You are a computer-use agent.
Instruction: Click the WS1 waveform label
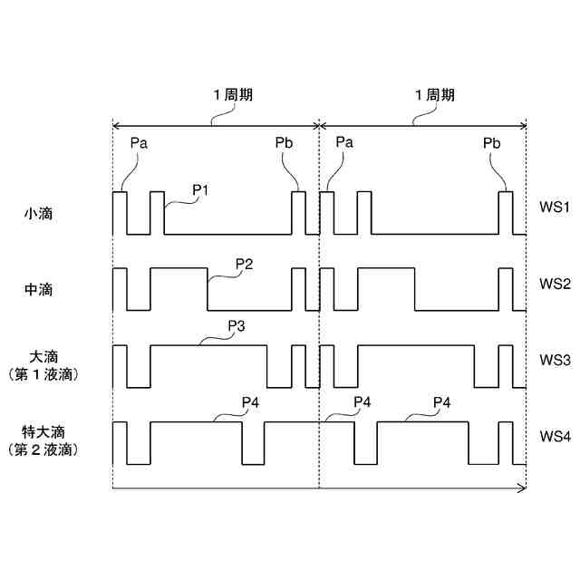click(554, 208)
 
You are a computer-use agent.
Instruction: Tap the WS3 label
click(554, 360)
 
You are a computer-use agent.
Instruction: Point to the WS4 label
click(554, 436)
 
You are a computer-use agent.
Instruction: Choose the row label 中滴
click(38, 290)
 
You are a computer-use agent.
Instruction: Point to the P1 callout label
click(201, 189)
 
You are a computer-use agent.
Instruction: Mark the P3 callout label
click(237, 326)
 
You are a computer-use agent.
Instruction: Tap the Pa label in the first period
click(139, 142)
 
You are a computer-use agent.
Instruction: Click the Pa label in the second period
click(344, 142)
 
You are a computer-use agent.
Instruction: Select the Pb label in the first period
click(284, 142)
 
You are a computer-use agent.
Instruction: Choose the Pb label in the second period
click(491, 142)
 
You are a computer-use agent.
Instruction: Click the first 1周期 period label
click(233, 95)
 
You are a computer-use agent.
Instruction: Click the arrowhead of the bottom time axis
click(523, 488)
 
